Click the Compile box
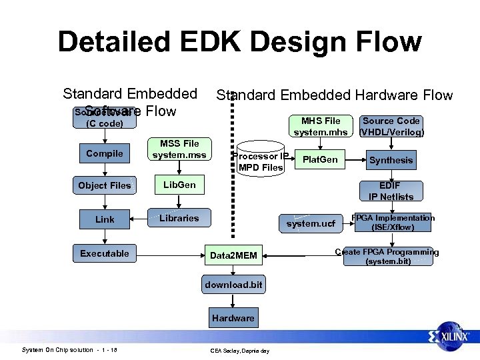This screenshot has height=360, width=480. click(105, 153)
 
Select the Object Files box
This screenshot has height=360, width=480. click(105, 185)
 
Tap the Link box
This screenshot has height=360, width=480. click(105, 219)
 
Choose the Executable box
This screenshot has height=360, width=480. click(105, 253)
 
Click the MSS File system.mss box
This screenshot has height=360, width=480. click(179, 149)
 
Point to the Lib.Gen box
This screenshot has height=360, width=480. click(179, 185)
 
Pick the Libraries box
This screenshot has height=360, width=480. click(179, 218)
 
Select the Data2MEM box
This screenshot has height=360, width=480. click(233, 255)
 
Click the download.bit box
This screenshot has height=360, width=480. click(233, 285)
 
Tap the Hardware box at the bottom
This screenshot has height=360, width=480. click(233, 318)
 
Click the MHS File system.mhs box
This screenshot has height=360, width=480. click(321, 126)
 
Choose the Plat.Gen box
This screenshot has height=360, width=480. click(321, 160)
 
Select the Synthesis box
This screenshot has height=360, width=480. click(391, 160)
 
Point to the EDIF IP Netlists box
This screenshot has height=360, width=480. click(391, 191)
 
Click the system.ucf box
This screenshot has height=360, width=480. click(311, 223)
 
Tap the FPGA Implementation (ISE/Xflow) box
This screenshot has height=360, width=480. click(393, 223)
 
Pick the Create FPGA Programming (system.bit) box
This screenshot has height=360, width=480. click(387, 257)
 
